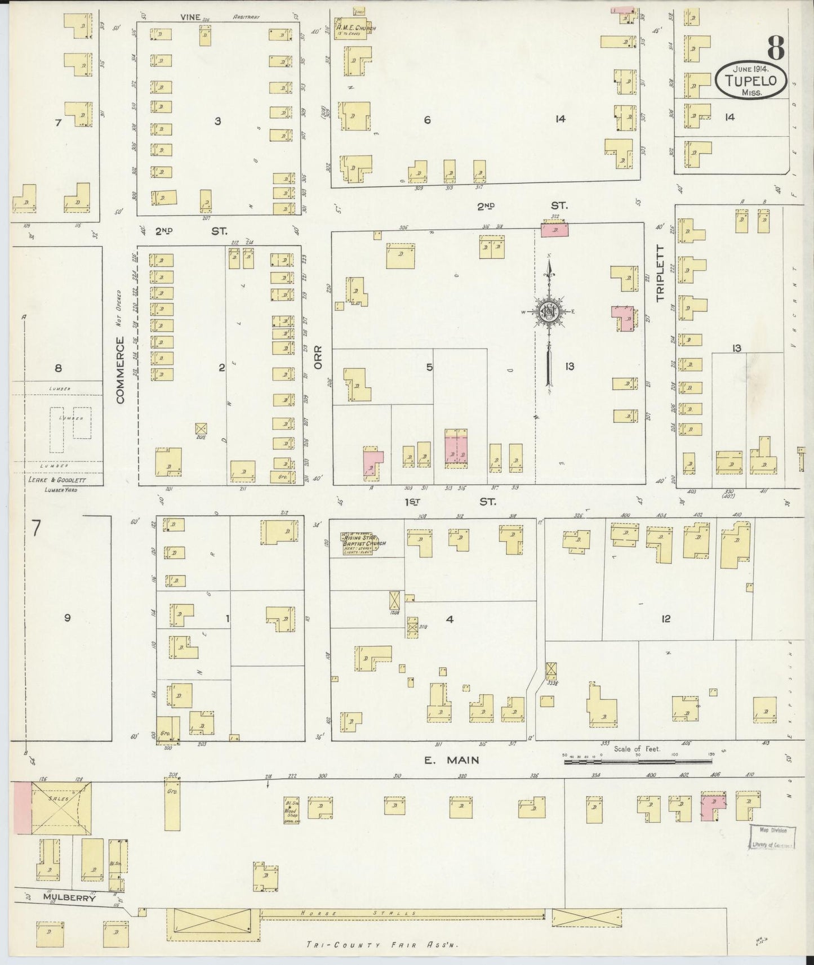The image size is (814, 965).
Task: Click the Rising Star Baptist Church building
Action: [361, 544]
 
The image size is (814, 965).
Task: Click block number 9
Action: [67, 618]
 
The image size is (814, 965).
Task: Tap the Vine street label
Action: [190, 17]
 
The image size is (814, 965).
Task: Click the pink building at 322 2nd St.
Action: [555, 230]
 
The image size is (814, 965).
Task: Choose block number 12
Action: [666, 619]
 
